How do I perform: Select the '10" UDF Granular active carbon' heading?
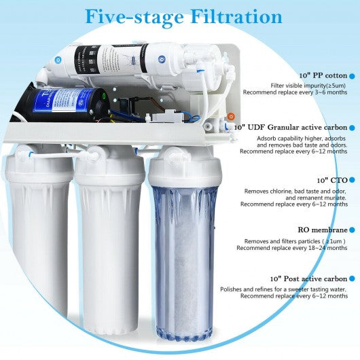[x=290, y=127]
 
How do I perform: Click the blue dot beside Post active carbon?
[x=353, y=279]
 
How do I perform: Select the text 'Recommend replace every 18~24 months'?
[x=292, y=249]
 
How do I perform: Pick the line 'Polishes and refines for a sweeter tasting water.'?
[x=283, y=289]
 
